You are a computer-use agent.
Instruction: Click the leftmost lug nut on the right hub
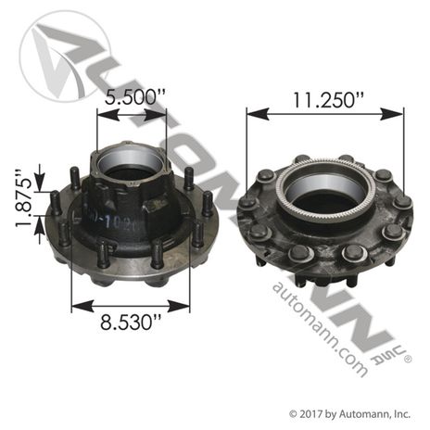tap(247, 202)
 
